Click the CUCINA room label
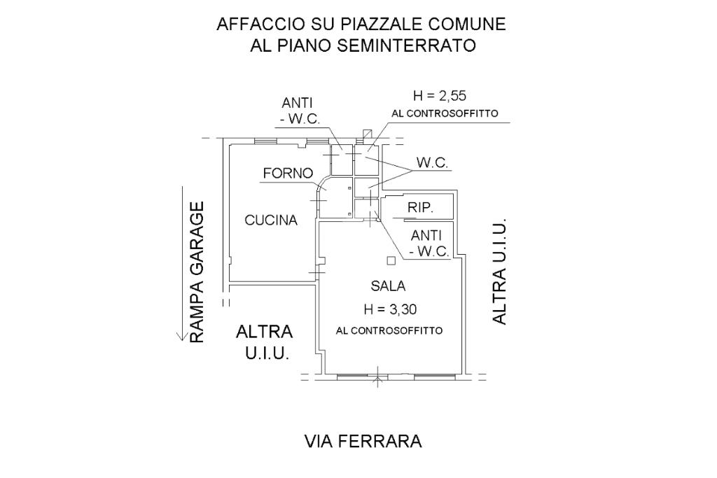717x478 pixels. coord(271,220)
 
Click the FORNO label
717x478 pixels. coord(288,174)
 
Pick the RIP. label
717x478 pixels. coord(420,208)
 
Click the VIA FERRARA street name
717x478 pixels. coord(363,442)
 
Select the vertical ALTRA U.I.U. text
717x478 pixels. coord(499,274)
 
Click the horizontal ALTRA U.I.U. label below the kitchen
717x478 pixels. coord(265,342)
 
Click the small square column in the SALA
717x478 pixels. coord(391,261)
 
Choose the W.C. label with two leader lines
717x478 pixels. coord(432,163)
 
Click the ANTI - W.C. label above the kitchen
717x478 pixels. coord(300,111)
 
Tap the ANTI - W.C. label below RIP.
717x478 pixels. coord(429,244)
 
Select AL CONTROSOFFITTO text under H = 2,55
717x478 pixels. coord(445,113)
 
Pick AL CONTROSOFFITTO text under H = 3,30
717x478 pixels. coord(389,330)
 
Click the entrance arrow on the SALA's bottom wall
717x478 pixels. coord(378,380)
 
